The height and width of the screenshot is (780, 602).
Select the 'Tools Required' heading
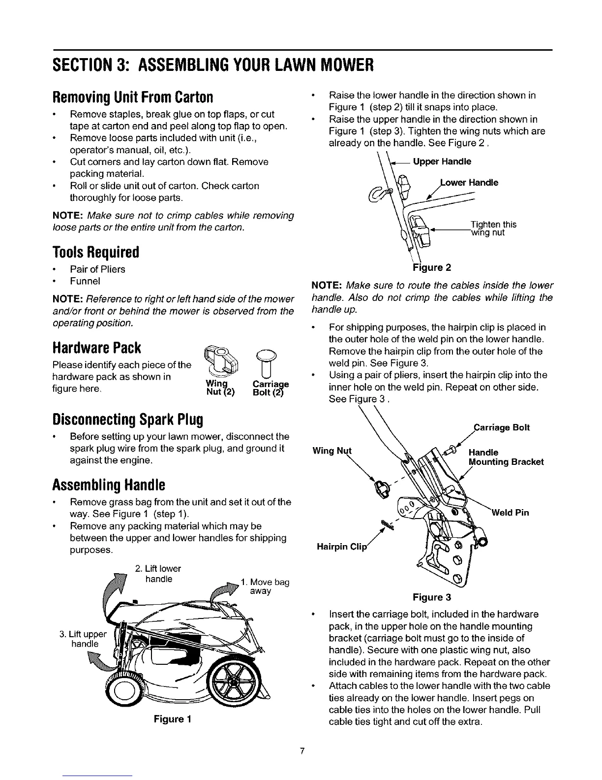tap(95, 253)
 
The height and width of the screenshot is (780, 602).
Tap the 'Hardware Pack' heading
tap(97, 348)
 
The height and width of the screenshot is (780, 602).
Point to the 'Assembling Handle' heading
tap(108, 486)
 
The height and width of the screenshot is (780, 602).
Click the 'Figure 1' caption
tap(172, 719)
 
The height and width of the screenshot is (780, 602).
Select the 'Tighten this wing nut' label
tap(493, 228)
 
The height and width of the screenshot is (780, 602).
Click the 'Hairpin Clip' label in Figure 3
tap(340, 547)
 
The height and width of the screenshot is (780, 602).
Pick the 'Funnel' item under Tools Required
tap(85, 281)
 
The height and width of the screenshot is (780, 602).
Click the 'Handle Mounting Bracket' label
tap(506, 457)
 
